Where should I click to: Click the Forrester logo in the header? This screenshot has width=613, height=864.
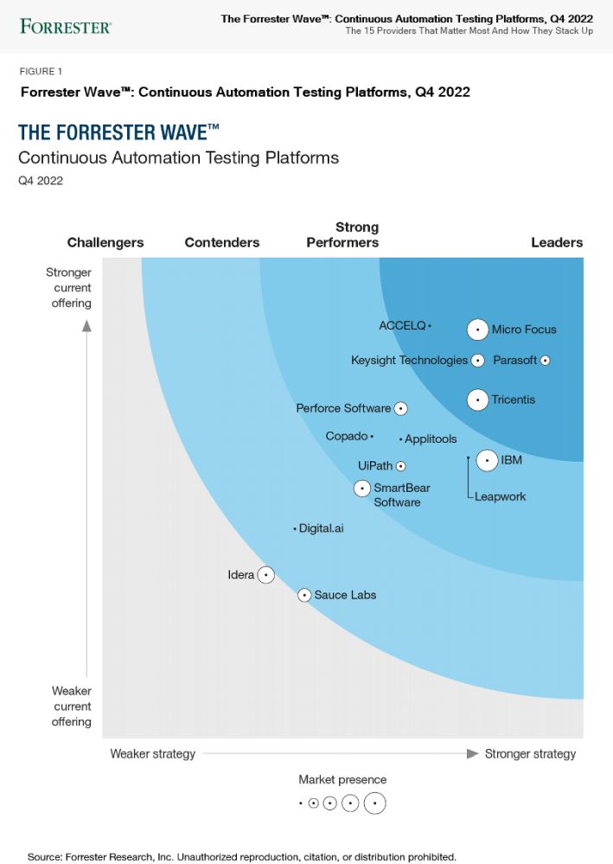(x=66, y=26)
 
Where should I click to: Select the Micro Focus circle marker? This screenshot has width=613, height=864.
(x=477, y=330)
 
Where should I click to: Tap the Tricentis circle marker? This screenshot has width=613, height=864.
(x=477, y=400)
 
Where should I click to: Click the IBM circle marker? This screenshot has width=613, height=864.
(x=487, y=460)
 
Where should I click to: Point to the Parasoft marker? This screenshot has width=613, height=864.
(x=545, y=361)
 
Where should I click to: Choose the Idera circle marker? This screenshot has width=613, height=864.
(x=266, y=574)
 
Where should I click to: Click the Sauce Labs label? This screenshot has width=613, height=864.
(x=345, y=595)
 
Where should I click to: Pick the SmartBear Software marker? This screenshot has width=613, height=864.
(x=362, y=489)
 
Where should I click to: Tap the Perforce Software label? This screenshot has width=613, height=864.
(x=343, y=408)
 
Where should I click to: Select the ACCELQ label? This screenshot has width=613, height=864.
(x=402, y=326)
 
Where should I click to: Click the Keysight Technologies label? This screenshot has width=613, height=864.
(x=409, y=361)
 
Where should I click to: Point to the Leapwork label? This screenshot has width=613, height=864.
(x=500, y=497)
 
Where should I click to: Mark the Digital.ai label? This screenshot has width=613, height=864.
(x=321, y=528)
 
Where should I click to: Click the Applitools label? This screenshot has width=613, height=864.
(x=431, y=439)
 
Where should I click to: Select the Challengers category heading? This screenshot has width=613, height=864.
(x=105, y=242)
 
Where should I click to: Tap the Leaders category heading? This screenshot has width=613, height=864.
(x=557, y=242)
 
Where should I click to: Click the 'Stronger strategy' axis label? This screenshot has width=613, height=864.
(x=530, y=754)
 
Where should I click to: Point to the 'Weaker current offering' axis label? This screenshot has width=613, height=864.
(x=71, y=706)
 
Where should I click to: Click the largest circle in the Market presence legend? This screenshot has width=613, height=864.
(x=374, y=803)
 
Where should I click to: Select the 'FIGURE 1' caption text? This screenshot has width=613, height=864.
(x=41, y=72)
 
